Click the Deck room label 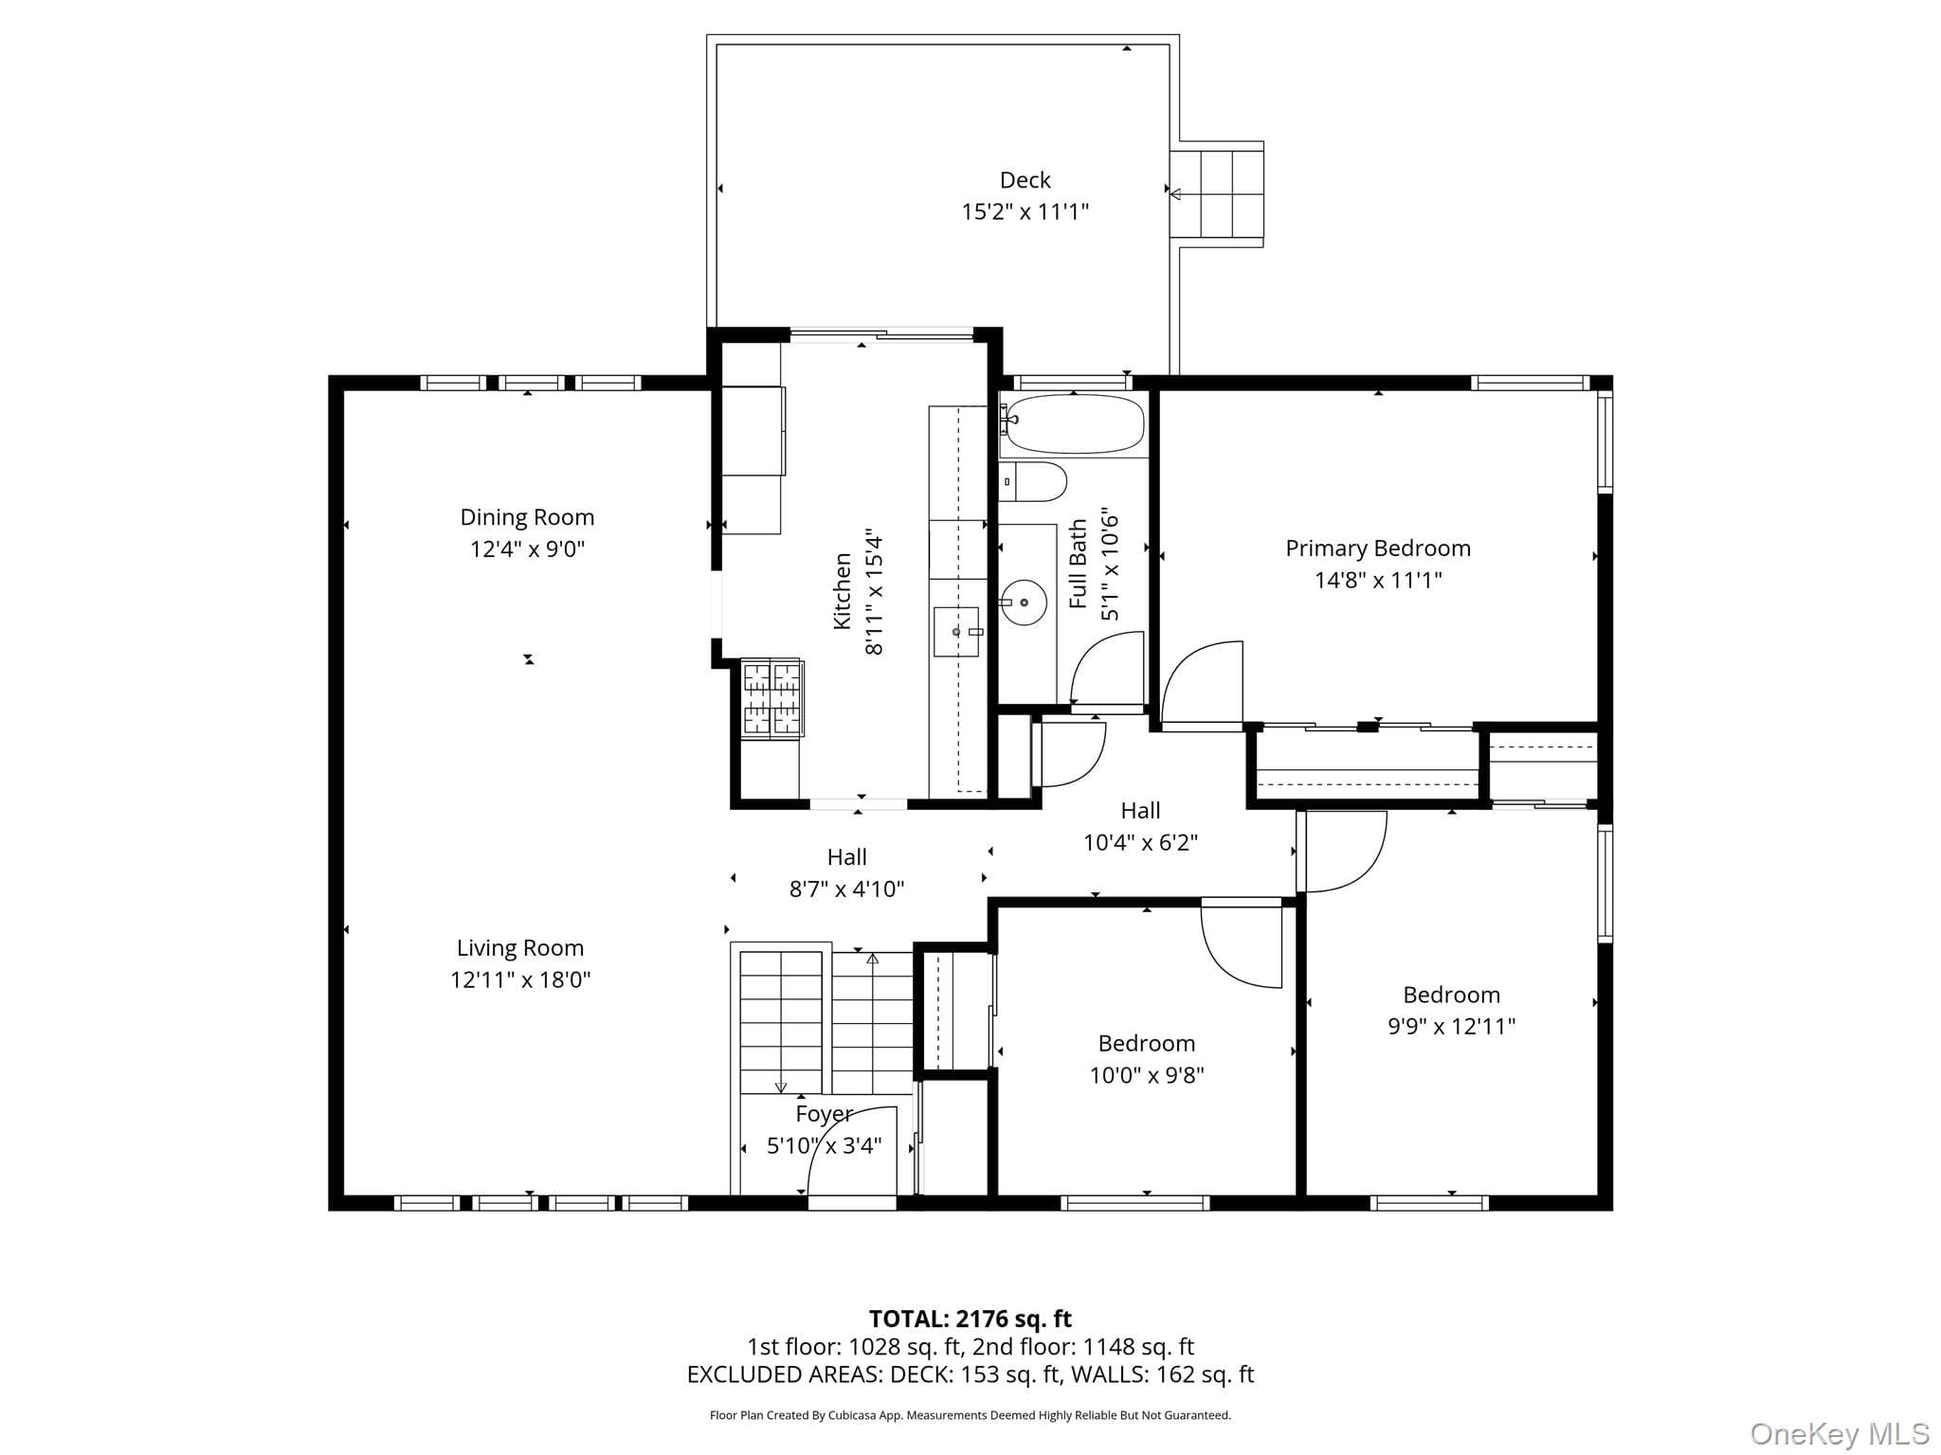1025,180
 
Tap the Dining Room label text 527,517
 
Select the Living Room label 520,948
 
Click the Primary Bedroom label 1378,548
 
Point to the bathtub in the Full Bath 1074,423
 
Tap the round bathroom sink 1024,602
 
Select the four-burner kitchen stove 772,698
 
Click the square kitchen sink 956,632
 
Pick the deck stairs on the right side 1217,194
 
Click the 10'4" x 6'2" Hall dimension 1141,842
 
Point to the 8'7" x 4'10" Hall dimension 847,889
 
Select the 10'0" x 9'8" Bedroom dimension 1147,1075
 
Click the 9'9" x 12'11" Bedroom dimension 1452,1026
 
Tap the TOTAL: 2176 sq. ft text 970,1319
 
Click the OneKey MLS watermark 1840,1434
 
